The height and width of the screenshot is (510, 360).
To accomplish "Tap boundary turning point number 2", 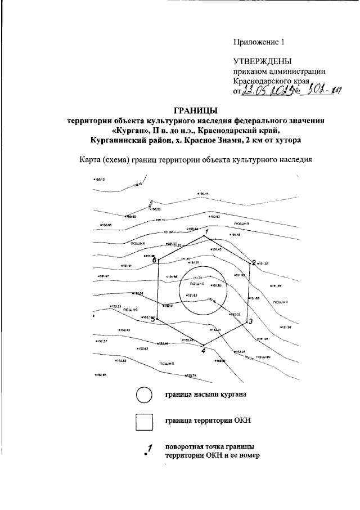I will [x=250, y=262].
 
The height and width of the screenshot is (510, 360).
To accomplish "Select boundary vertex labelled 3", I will [x=247, y=320].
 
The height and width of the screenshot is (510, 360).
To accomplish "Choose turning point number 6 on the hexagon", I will [x=158, y=260].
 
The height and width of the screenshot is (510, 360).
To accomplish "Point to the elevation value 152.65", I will [x=101, y=375].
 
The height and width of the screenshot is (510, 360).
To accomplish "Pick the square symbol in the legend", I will [x=144, y=420].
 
